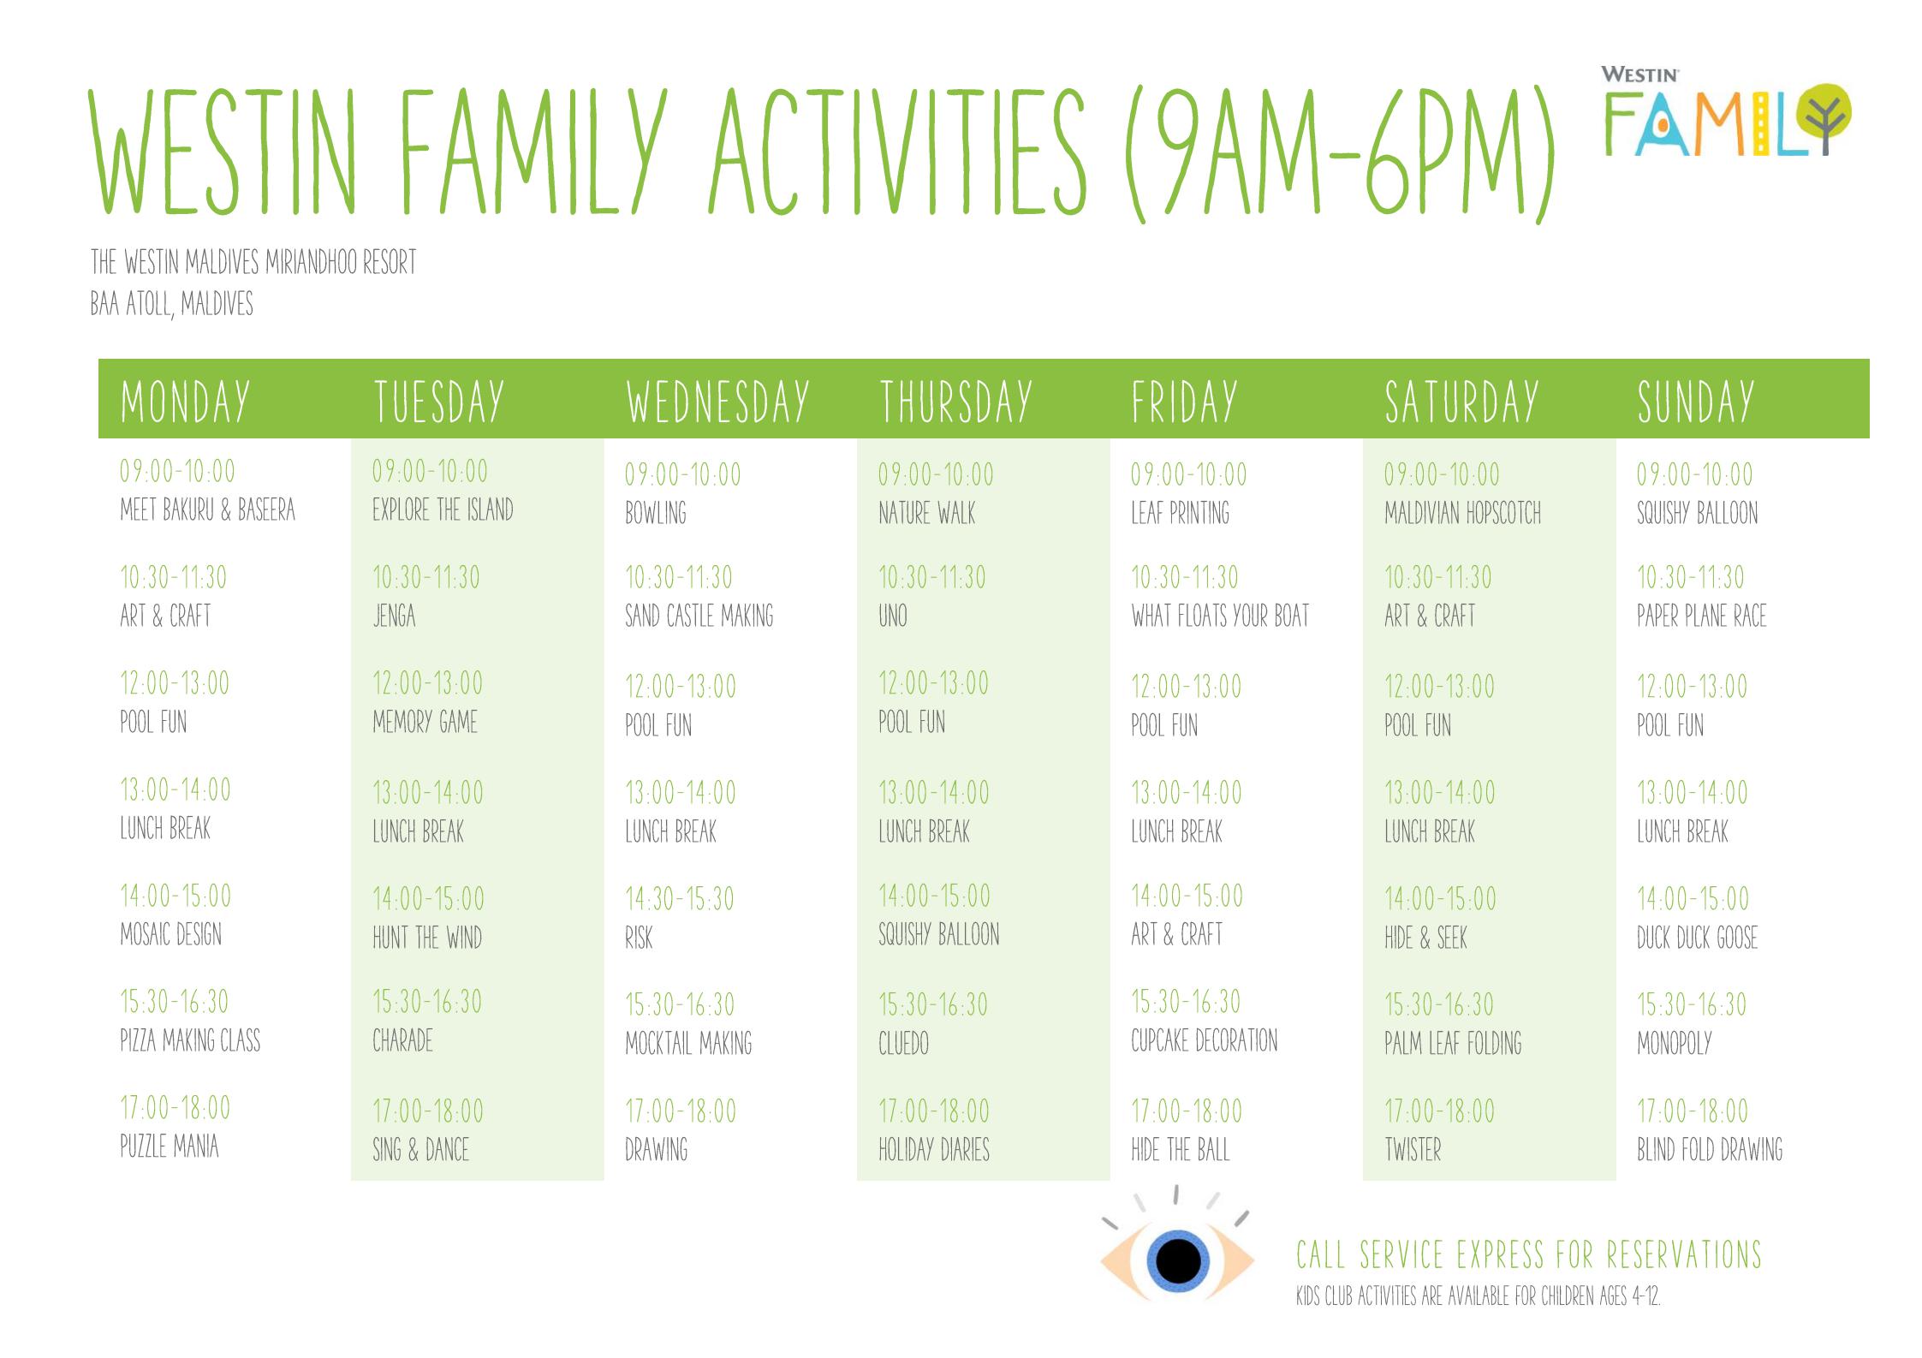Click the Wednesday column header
(x=717, y=402)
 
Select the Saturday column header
(x=1461, y=402)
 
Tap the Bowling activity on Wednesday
(x=656, y=513)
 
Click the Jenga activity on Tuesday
(x=394, y=616)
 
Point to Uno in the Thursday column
(x=893, y=616)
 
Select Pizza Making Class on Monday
(x=190, y=1040)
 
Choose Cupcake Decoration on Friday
(x=1204, y=1040)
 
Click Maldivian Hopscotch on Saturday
(x=1462, y=513)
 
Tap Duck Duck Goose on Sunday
(x=1697, y=938)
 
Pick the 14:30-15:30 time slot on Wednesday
(x=680, y=898)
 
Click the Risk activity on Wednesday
(x=639, y=938)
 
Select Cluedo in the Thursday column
(x=903, y=1043)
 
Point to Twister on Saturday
(x=1413, y=1149)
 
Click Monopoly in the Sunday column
(x=1674, y=1043)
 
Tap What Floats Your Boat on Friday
(x=1220, y=616)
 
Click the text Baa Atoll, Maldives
(x=172, y=304)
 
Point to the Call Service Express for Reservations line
(x=1529, y=1254)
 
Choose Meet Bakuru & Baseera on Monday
(x=207, y=510)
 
